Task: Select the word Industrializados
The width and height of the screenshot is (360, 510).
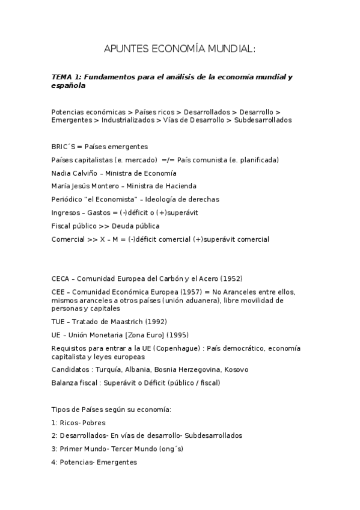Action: (x=127, y=120)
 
